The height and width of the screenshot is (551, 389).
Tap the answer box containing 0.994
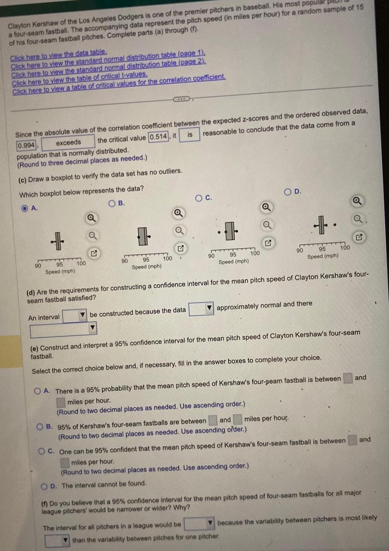point(26,145)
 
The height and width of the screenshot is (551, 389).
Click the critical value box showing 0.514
point(158,137)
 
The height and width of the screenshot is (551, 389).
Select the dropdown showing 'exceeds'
point(68,142)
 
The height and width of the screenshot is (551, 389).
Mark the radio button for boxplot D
point(287,191)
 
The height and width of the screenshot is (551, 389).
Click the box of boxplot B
point(143,236)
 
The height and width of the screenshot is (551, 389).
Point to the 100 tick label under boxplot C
point(254,253)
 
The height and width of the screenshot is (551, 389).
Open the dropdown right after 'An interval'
point(75,316)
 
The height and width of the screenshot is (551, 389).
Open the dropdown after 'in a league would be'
point(198,524)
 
